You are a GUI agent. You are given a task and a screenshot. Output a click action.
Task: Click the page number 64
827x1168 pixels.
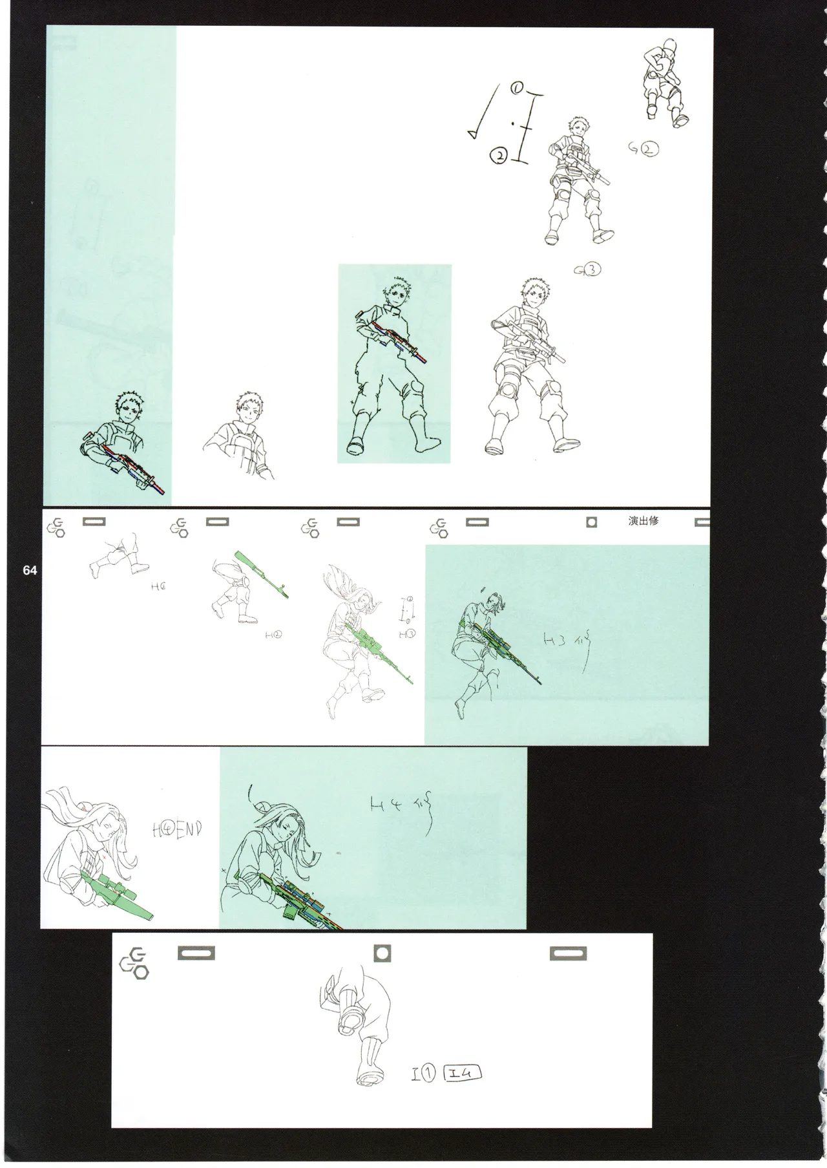pos(30,570)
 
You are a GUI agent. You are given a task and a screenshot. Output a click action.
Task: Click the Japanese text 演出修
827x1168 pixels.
pos(643,521)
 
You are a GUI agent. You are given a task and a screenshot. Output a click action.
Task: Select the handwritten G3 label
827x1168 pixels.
pos(587,270)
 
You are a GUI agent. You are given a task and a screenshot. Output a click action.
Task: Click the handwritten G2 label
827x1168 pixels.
pos(643,149)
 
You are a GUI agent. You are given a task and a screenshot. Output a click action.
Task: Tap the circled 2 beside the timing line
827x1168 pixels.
pos(499,155)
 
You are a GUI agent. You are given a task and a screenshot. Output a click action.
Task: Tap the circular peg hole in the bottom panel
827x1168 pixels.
pos(382,953)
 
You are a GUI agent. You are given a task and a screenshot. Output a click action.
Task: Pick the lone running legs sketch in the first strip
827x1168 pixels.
pos(114,557)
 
